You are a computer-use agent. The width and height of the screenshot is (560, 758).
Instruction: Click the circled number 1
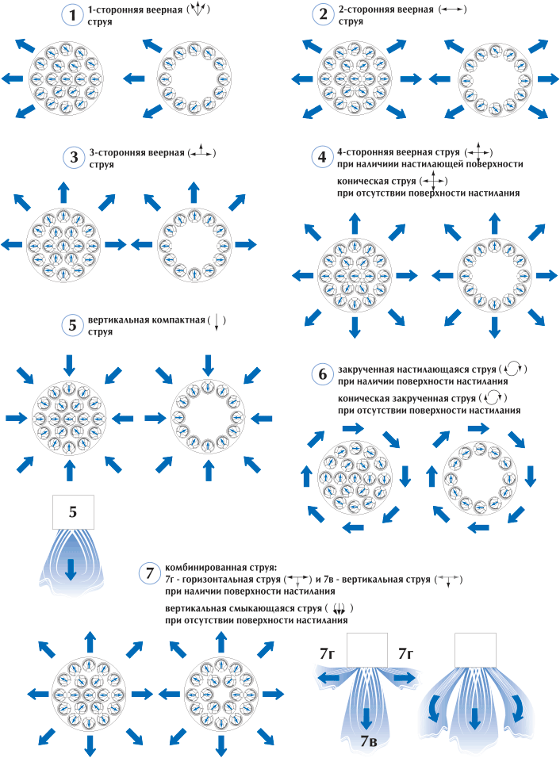click(x=73, y=15)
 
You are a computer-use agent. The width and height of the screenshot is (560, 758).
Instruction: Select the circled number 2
click(x=322, y=15)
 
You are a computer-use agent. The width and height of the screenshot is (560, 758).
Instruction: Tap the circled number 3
click(x=74, y=157)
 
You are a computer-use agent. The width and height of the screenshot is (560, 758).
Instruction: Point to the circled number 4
click(x=321, y=157)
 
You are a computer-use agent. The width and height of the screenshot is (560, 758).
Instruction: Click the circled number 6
click(x=321, y=373)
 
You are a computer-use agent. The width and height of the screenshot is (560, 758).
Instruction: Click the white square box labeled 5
click(x=72, y=512)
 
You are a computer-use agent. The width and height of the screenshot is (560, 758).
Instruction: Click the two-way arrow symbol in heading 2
click(x=453, y=10)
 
